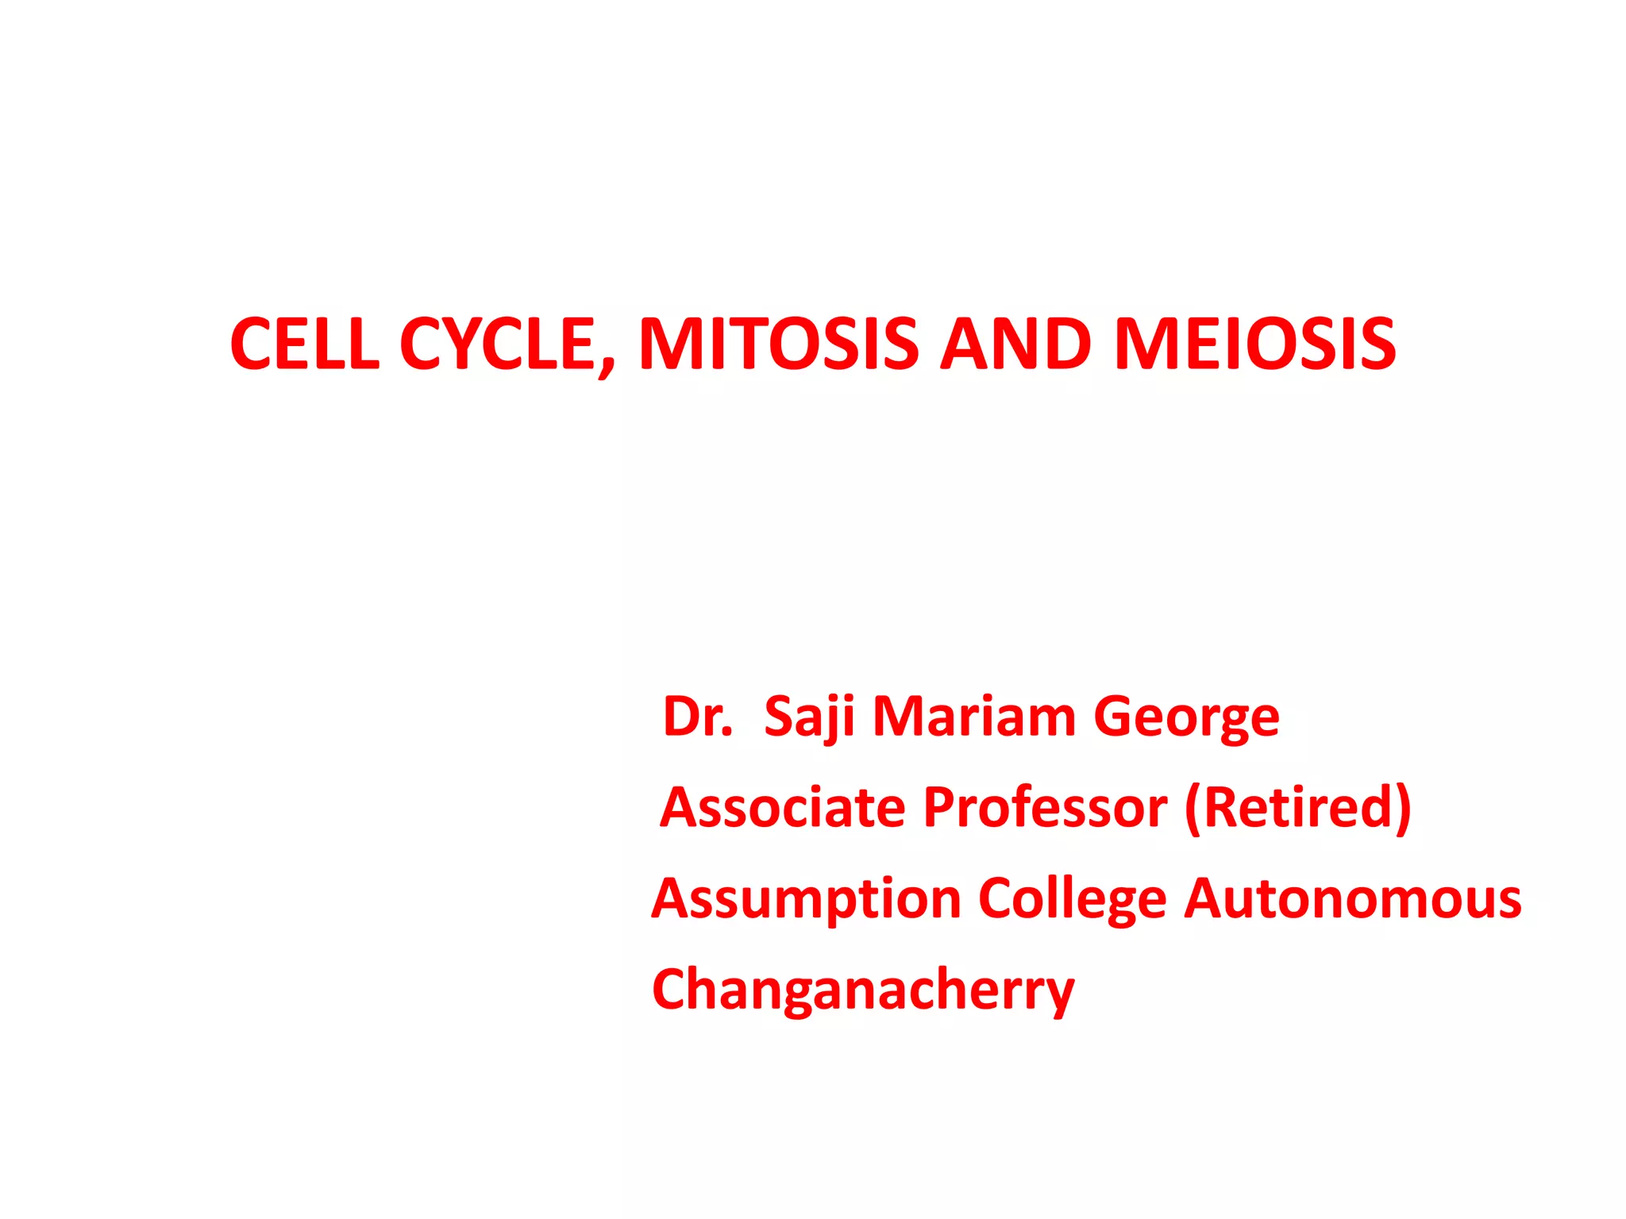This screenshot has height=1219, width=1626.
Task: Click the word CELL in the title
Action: (x=304, y=344)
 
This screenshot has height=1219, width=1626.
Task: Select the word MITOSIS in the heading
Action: (x=778, y=344)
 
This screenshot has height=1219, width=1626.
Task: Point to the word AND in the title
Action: (x=1015, y=344)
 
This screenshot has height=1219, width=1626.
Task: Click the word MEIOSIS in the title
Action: (x=1254, y=344)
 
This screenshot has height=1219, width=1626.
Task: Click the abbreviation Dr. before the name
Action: (x=697, y=717)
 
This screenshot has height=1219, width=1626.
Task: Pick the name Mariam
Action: (x=974, y=717)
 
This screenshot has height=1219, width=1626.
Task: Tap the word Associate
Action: (x=783, y=807)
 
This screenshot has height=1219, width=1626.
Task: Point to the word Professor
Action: (x=1045, y=807)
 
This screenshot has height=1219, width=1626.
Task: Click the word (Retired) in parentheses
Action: (x=1297, y=809)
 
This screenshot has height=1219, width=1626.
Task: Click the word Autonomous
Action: (x=1353, y=898)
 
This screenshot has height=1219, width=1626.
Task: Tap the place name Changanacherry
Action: (x=863, y=990)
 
